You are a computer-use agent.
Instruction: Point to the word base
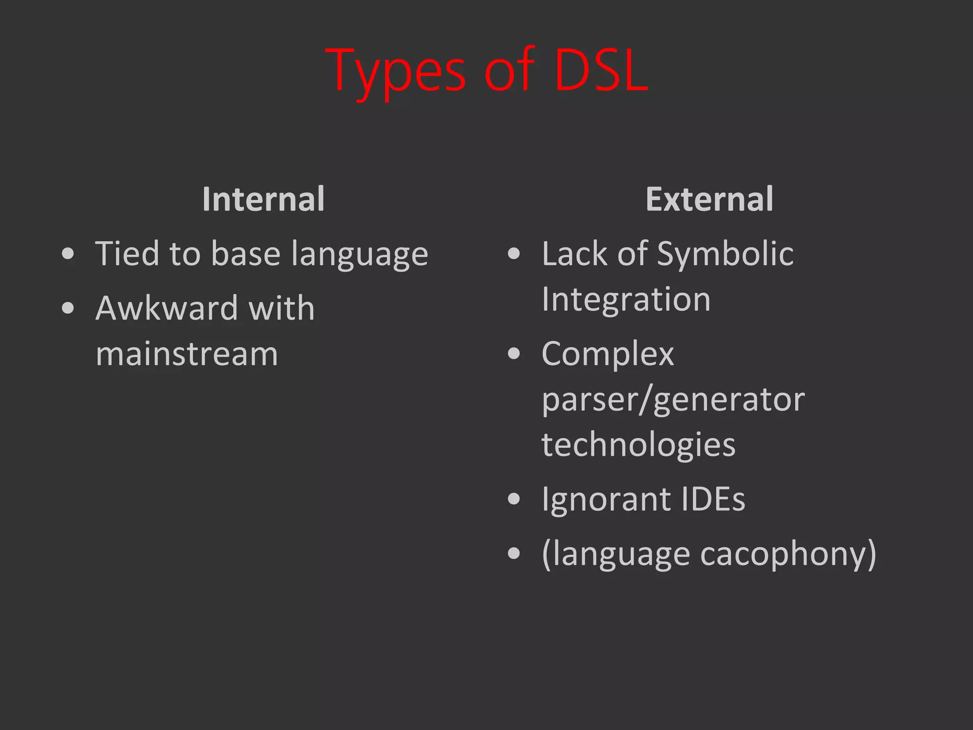click(x=246, y=254)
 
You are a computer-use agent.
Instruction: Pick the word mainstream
click(x=187, y=354)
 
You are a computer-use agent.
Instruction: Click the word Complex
click(x=608, y=355)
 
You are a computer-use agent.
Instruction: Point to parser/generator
click(x=673, y=400)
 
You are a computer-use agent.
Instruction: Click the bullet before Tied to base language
click(x=68, y=254)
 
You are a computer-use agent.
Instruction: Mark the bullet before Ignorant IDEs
click(x=514, y=499)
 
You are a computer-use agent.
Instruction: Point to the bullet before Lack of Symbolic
click(x=514, y=254)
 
